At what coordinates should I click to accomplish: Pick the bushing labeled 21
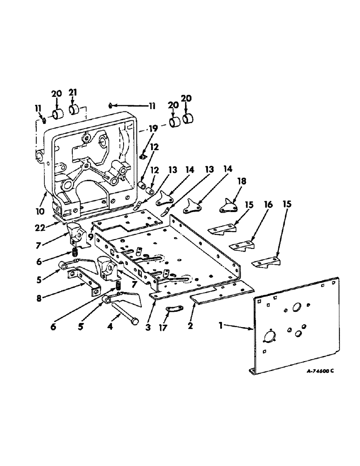(74, 110)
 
